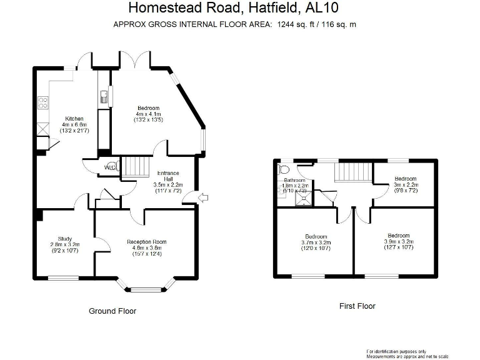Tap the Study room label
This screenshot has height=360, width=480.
pos(65,238)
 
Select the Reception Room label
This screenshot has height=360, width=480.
pos(147,242)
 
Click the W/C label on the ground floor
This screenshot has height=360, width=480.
pos(110,167)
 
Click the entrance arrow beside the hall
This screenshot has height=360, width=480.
pos(203,198)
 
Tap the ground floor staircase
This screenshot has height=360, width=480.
pos(134,167)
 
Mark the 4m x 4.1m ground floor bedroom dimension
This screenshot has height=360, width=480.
pos(149,114)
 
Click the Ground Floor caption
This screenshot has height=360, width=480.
pos(112,311)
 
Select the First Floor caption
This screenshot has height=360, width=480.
pos(357,306)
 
